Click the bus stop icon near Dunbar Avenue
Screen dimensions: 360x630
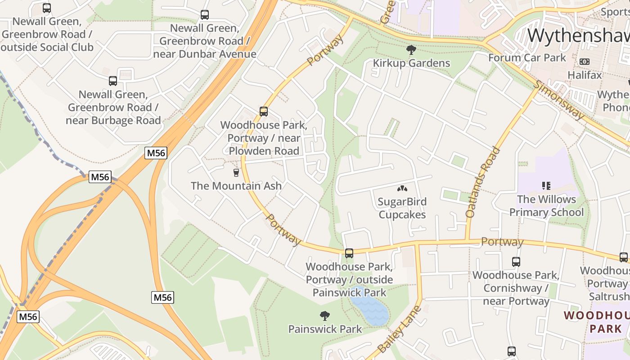click(205, 15)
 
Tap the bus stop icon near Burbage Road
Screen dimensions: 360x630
click(113, 81)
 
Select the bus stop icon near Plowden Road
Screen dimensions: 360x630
click(264, 112)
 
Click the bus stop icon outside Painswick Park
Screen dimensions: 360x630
click(349, 253)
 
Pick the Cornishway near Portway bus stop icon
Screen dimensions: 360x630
click(516, 262)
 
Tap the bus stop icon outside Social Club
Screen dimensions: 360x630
click(47, 8)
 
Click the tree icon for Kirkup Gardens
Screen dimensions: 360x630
click(411, 50)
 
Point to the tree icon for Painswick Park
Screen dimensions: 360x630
click(324, 316)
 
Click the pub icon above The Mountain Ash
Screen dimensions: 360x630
click(236, 173)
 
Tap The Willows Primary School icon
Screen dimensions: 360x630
click(546, 186)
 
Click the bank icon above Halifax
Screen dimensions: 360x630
click(585, 62)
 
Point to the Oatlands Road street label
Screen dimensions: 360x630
click(483, 182)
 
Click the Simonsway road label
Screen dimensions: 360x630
click(560, 100)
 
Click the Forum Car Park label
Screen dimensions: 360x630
click(527, 58)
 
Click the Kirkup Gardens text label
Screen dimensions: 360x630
click(411, 63)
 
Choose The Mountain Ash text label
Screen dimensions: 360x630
click(236, 186)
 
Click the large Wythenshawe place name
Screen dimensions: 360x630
click(578, 35)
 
